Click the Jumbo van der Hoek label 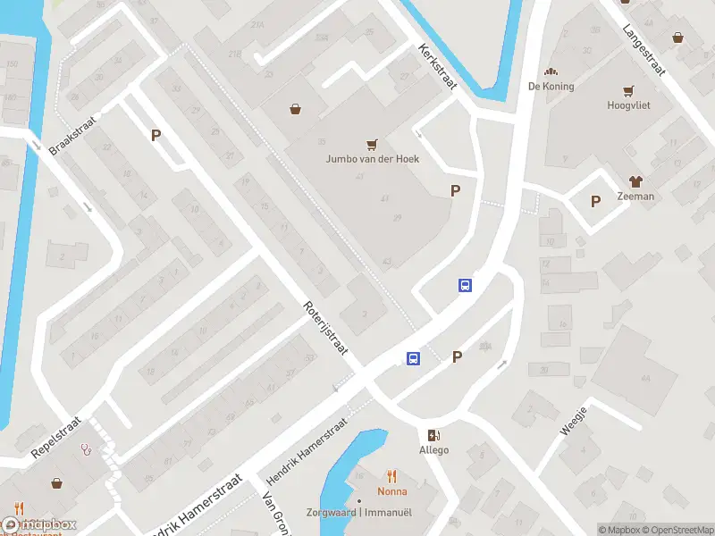coord(372,160)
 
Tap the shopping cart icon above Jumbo coord(372,144)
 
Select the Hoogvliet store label coord(628,105)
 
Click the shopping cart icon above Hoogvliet coord(628,90)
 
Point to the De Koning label coord(551,87)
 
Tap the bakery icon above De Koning coord(551,71)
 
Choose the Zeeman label coord(635,197)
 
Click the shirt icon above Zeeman coord(635,181)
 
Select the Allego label coord(434,450)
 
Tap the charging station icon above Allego coord(434,435)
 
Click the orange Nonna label coord(391,491)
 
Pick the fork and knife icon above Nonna coord(391,476)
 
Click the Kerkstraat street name coord(438,67)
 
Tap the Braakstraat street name coord(72,134)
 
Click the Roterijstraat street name coord(325,328)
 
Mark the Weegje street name coord(573,421)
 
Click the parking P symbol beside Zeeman coord(595,202)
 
